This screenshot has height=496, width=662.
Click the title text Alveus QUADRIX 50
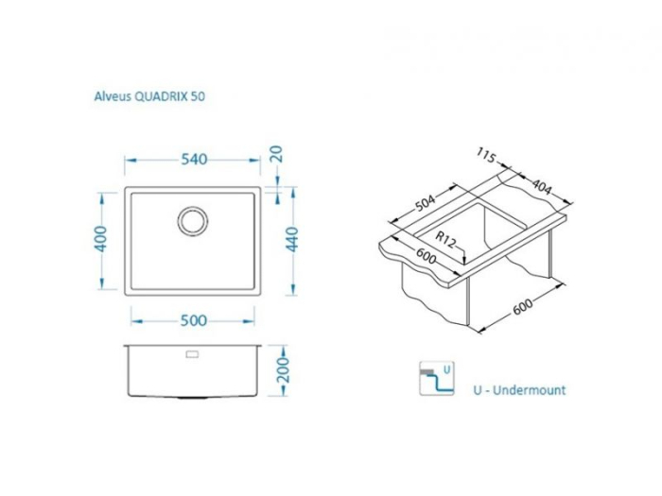[149, 96]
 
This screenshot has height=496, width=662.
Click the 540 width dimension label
[194, 160]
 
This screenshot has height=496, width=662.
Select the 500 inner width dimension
[194, 321]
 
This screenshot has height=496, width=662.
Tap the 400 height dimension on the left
[100, 239]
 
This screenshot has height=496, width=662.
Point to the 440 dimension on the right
[292, 239]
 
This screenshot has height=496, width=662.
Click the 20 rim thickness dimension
[276, 154]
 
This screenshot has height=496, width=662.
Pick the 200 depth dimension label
[283, 370]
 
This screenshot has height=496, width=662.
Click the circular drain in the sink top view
[193, 220]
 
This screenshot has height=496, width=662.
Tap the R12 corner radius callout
[445, 240]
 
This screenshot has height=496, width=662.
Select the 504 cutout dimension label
[426, 202]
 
